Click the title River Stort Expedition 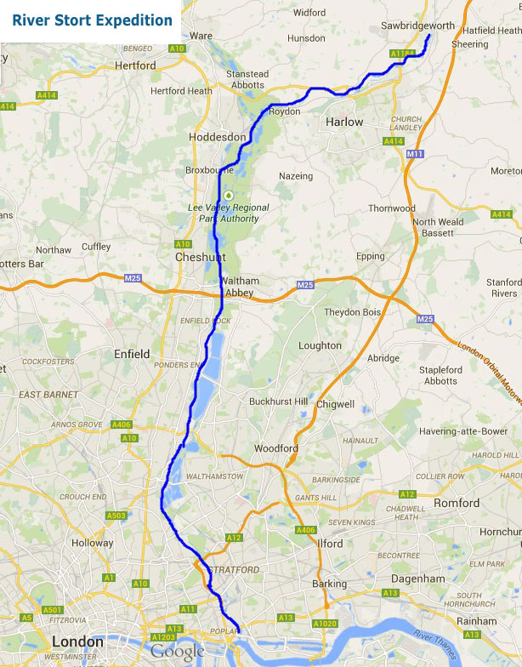tap(92, 20)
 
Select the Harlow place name tap(344, 122)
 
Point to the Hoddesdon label tap(218, 137)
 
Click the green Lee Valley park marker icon tap(228, 195)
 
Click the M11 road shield tap(415, 153)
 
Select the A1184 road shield tap(400, 54)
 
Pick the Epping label tap(371, 256)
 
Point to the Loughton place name tap(320, 345)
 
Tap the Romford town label tap(457, 503)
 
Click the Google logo tap(178, 652)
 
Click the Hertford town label tap(135, 66)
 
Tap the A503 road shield tap(116, 516)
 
